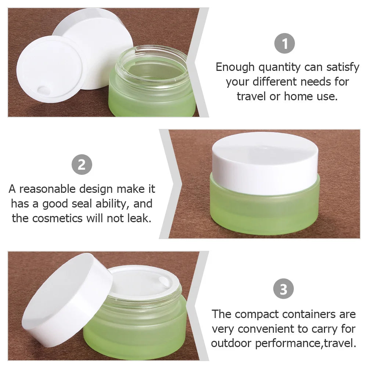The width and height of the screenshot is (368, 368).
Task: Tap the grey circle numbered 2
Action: point(82,165)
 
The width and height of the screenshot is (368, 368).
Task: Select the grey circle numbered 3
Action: point(283,289)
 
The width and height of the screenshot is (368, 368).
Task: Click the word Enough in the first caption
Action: point(235,68)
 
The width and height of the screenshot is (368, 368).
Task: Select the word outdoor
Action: point(231,343)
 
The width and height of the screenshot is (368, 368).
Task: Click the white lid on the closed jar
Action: point(265,161)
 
